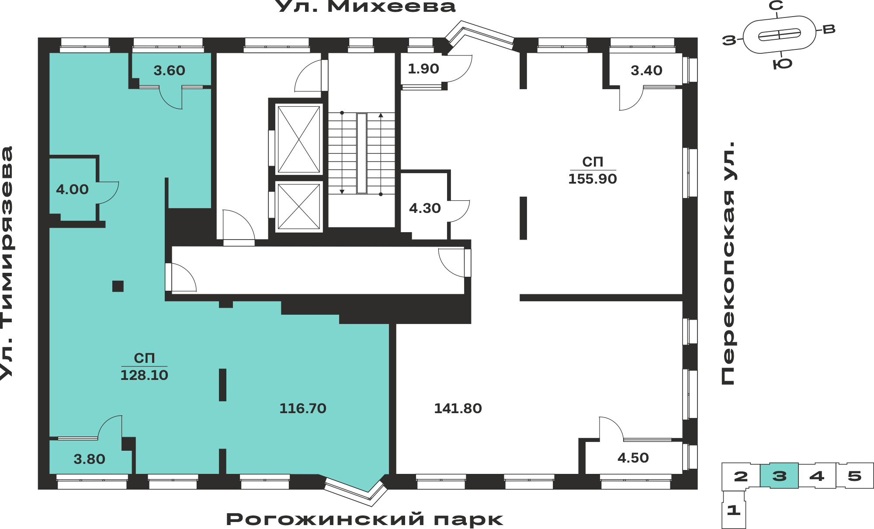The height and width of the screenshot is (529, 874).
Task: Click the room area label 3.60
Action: pyautogui.click(x=169, y=70)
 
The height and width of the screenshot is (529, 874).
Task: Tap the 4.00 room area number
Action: pyautogui.click(x=72, y=189)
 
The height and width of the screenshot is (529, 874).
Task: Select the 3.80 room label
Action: pyautogui.click(x=89, y=459)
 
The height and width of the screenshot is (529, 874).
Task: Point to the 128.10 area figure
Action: pyautogui.click(x=144, y=375)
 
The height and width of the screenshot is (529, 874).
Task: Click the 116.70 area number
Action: pyautogui.click(x=303, y=408)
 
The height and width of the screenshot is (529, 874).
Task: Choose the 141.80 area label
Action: pyautogui.click(x=458, y=408)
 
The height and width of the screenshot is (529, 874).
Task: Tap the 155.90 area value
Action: pyautogui.click(x=593, y=179)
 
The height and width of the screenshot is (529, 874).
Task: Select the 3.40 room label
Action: pyautogui.click(x=646, y=70)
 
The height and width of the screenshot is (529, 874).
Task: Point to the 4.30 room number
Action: pyautogui.click(x=425, y=208)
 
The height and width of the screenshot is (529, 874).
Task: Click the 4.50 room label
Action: pyautogui.click(x=633, y=458)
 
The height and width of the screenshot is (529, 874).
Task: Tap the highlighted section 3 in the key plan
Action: pyautogui.click(x=779, y=476)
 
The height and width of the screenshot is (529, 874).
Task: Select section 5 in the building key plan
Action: pyautogui.click(x=855, y=476)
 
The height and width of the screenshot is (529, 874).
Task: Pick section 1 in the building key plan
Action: pyautogui.click(x=734, y=510)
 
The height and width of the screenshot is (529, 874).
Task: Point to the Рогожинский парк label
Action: pyautogui.click(x=365, y=519)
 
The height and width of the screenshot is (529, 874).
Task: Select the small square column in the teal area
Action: pyautogui.click(x=118, y=286)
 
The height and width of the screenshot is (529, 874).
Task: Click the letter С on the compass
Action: pyautogui.click(x=776, y=6)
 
